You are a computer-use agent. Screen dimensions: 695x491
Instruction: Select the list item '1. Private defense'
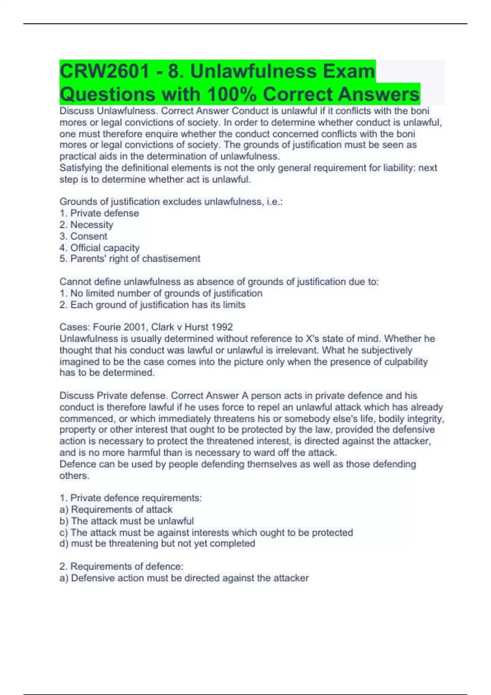pos(99,213)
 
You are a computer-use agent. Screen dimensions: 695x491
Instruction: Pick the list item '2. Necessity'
pos(86,224)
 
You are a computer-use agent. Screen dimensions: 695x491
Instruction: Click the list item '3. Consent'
pos(83,236)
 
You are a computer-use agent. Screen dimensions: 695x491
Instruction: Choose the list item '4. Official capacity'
pos(99,248)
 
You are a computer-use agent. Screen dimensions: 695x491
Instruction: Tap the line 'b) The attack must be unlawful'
pos(127,521)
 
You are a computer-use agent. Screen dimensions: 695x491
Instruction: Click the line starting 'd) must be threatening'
pos(158,543)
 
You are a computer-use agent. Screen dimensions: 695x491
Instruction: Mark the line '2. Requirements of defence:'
pos(122,566)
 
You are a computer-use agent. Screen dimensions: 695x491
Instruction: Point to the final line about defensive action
pos(184,578)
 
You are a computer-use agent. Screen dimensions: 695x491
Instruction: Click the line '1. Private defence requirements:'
pos(131,498)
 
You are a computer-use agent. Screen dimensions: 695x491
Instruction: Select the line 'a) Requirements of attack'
pos(116,509)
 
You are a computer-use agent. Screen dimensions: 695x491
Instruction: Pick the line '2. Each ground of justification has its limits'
pos(153,305)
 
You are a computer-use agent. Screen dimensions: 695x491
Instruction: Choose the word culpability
pos(406,361)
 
